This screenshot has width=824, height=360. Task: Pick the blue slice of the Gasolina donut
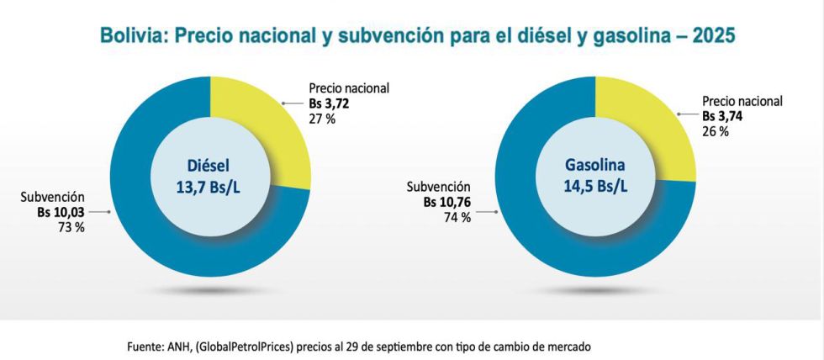pyautogui.click(x=547, y=244)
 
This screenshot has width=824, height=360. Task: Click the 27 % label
pyautogui.click(x=324, y=118)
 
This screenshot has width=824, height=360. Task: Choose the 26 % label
pyautogui.click(x=716, y=131)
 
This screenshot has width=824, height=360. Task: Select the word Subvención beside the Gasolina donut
pyautogui.click(x=439, y=188)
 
